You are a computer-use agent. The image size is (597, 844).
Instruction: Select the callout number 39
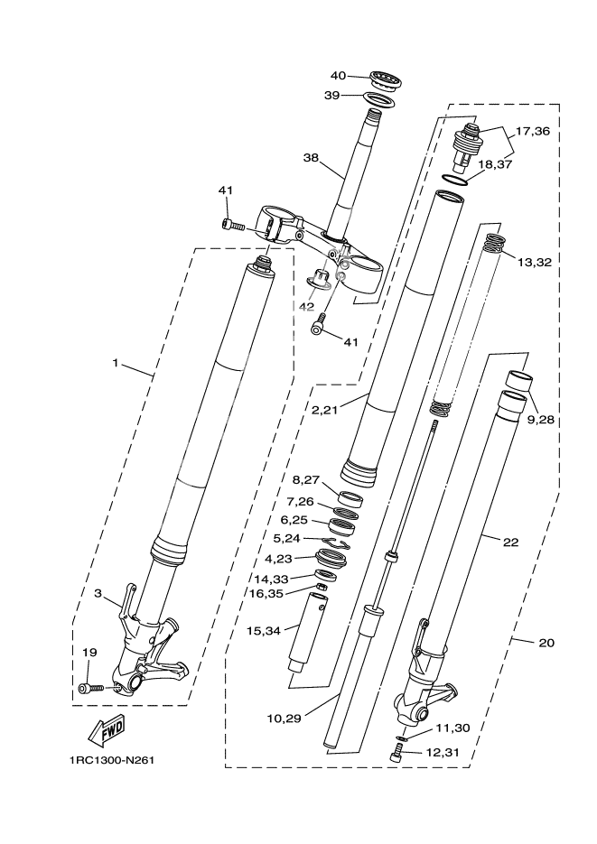333,95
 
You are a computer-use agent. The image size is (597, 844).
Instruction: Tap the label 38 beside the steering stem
311,157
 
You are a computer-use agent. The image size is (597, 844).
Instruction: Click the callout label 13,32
535,262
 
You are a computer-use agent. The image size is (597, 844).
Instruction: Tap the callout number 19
89,652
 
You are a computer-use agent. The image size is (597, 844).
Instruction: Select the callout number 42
306,306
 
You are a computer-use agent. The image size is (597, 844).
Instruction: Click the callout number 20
546,643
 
